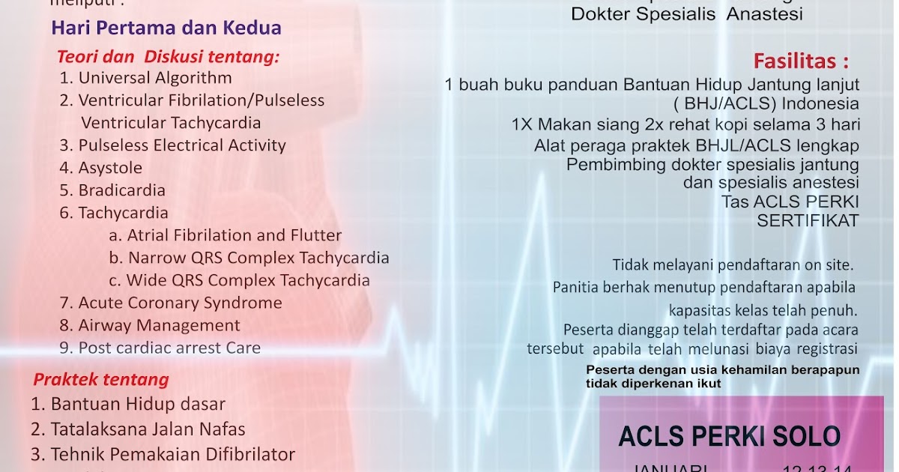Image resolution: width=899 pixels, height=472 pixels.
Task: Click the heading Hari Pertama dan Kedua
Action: (x=166, y=28)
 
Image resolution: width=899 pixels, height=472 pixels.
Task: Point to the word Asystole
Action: (x=110, y=168)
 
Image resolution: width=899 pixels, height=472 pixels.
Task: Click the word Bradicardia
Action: (x=121, y=190)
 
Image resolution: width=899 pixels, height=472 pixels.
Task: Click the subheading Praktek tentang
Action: (x=100, y=380)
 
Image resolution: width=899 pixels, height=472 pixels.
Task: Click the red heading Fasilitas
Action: (x=801, y=60)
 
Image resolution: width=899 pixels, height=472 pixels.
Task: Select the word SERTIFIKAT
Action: (x=808, y=220)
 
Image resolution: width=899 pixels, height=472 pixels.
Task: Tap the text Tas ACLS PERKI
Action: (x=790, y=202)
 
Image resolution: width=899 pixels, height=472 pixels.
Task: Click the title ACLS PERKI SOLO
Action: (x=730, y=436)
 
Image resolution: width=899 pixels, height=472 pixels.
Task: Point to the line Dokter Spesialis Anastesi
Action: (x=687, y=13)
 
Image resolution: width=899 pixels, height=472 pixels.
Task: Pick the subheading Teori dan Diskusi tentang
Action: (x=168, y=57)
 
